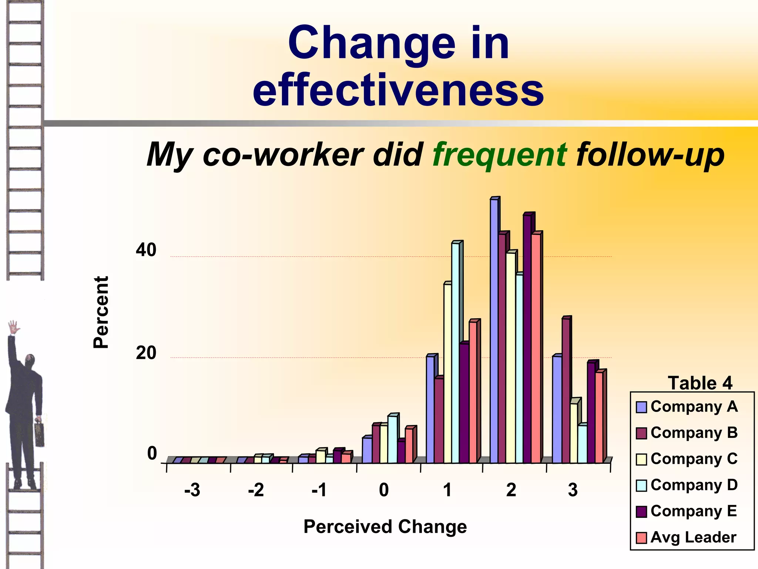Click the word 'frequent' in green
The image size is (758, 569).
click(x=500, y=154)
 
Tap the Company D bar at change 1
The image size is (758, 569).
click(x=456, y=352)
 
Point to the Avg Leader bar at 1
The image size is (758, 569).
click(x=473, y=393)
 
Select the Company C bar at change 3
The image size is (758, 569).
click(x=574, y=433)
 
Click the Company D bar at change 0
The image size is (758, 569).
click(x=392, y=439)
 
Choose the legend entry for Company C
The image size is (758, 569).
click(x=687, y=459)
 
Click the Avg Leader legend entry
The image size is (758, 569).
click(x=686, y=537)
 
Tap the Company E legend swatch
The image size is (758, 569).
click(x=641, y=511)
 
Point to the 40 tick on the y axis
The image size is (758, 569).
click(x=146, y=250)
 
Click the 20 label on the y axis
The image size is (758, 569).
click(x=146, y=353)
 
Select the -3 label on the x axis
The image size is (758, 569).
click(x=192, y=490)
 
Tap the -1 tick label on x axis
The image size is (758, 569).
click(x=319, y=490)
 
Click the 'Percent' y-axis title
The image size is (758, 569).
click(x=101, y=312)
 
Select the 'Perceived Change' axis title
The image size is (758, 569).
click(x=385, y=526)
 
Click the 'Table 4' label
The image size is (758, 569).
click(x=700, y=383)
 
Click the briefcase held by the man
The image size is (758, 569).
click(x=39, y=433)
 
